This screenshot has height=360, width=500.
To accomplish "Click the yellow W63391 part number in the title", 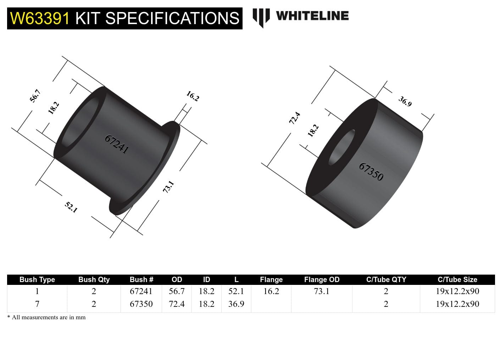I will point(40,18).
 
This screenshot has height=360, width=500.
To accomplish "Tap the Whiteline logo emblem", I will point(261,17).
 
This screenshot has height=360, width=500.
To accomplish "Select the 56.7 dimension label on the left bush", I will point(35,96).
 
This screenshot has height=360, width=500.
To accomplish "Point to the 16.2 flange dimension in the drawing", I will point(193,96).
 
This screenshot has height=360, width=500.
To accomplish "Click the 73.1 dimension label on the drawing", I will point(168,187).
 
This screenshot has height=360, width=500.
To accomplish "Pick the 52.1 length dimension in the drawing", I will point(71,207).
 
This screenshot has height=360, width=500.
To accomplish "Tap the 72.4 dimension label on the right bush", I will point(295,118).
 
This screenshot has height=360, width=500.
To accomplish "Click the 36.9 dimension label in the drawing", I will point(405,101).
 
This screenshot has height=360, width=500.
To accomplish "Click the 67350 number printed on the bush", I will point(371,171).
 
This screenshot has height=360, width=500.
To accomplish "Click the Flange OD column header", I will point(322,280).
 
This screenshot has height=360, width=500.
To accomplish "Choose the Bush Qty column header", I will point(94,280).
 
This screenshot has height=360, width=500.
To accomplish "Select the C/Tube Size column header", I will point(457,280).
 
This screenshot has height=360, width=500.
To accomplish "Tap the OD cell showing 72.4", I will point(177,304).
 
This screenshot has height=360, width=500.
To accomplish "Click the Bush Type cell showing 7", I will point(37,304).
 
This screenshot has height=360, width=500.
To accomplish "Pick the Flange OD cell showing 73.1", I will point(322,291).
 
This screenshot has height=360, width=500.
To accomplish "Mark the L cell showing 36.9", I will point(236,304).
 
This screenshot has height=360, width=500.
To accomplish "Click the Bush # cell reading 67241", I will point(141,291).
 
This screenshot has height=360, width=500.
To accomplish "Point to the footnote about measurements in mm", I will point(46,317).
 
